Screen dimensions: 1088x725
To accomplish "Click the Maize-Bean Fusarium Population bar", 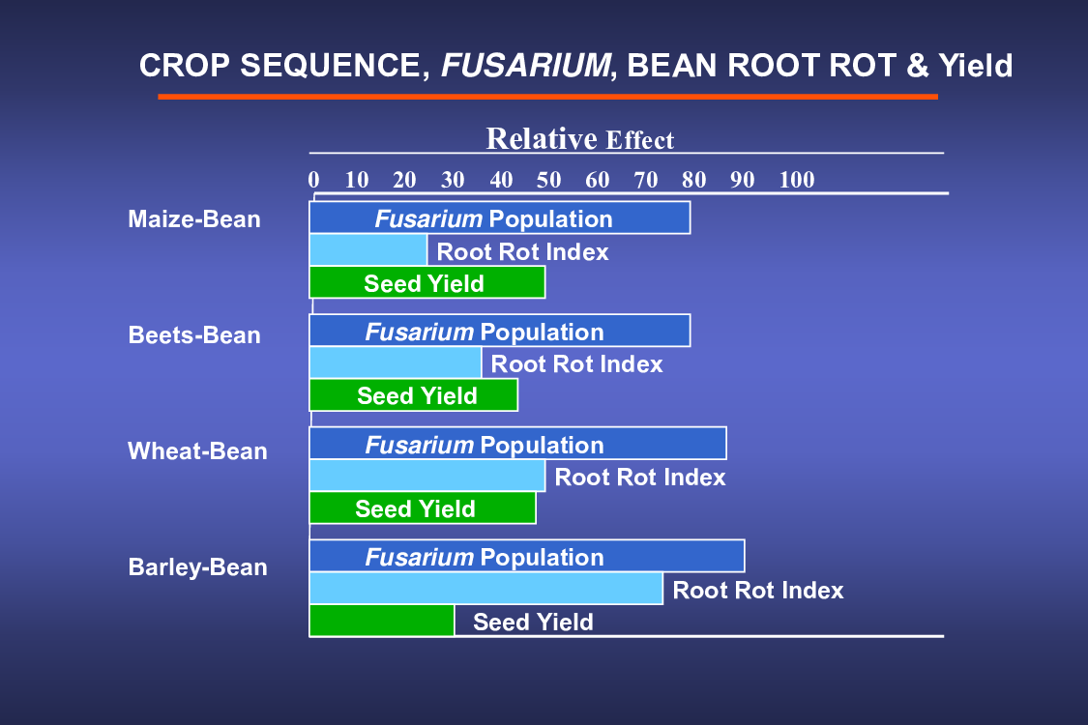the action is click(500, 217).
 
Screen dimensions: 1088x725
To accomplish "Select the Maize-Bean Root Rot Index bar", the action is click(368, 250).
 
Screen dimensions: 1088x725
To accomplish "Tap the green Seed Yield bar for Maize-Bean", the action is click(427, 282).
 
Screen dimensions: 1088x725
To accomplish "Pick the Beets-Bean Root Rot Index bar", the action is click(396, 362).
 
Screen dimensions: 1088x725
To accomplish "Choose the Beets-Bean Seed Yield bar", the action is click(414, 395).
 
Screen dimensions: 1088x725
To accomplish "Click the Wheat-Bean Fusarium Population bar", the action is click(517, 444).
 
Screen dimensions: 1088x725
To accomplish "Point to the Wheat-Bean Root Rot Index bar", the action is click(427, 476).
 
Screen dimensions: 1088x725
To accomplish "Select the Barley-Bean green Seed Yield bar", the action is click(382, 621).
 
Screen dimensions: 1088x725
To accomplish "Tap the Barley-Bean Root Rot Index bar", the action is click(486, 589).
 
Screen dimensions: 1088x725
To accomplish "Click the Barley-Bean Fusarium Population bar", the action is click(527, 556).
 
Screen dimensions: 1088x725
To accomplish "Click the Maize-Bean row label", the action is click(194, 219).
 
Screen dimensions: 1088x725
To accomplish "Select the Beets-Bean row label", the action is click(194, 335).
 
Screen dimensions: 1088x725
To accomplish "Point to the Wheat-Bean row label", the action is click(197, 451).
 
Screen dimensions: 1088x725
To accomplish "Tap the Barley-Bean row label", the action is click(197, 567).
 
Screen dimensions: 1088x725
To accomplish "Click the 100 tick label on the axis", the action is click(797, 180).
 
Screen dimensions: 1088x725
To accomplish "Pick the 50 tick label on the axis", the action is click(549, 180).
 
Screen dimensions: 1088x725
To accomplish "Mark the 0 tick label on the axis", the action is click(313, 180).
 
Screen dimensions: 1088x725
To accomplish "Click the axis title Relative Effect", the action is click(580, 139).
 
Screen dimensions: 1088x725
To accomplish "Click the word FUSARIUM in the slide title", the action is click(526, 66).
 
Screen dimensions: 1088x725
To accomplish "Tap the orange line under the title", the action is click(548, 97).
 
